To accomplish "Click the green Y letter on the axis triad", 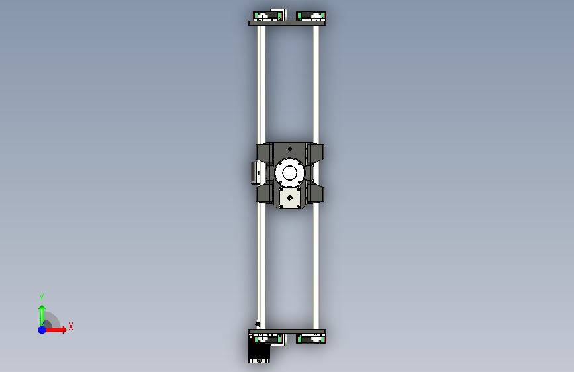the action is tap(42, 297).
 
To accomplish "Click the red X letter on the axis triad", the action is tap(71, 326).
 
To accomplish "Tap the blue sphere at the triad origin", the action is tap(42, 330).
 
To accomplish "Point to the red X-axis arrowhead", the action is tap(64, 330).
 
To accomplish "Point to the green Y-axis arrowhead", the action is tap(42, 308).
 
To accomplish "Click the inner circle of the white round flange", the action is tap(289, 173).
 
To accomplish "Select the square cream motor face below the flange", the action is tap(290, 198).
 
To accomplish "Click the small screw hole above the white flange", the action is tap(290, 149).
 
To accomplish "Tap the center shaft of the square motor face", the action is tap(290, 198).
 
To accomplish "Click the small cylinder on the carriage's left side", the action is tap(255, 173).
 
